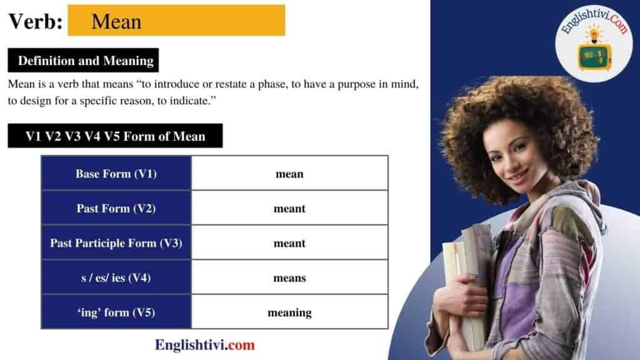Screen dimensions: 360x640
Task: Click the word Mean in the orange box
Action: pyautogui.click(x=116, y=22)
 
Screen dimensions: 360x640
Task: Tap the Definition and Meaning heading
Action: pyautogui.click(x=86, y=61)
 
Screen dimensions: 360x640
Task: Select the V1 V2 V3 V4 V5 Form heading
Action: pyautogui.click(x=115, y=136)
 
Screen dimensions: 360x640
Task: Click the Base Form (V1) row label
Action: pyautogui.click(x=116, y=174)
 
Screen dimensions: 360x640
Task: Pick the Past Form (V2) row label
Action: pyautogui.click(x=116, y=208)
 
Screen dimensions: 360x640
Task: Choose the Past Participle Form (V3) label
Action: pyautogui.click(x=116, y=243)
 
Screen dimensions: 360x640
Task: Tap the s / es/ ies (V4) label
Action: pyautogui.click(x=116, y=277)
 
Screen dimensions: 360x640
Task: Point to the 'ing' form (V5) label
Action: pyautogui.click(x=116, y=312)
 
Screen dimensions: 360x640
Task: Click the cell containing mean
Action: pyautogui.click(x=289, y=174)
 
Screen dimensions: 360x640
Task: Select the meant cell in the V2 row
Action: pyautogui.click(x=289, y=208)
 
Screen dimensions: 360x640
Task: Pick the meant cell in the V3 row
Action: pyautogui.click(x=289, y=243)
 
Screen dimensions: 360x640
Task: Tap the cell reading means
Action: pyautogui.click(x=289, y=277)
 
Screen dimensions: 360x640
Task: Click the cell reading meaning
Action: pyautogui.click(x=289, y=312)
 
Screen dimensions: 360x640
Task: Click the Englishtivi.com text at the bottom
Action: pyautogui.click(x=205, y=344)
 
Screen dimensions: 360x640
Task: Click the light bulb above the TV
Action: pyautogui.click(x=592, y=33)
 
